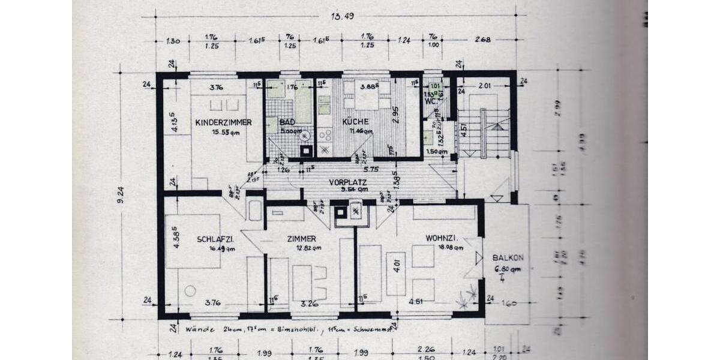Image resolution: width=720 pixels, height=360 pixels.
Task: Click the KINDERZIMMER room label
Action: coord(223,122)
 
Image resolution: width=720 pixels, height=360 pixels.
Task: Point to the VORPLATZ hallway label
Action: coord(348,182)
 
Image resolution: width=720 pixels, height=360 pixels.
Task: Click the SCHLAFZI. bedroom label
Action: coord(215,239)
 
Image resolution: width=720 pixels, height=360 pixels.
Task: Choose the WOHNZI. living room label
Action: coord(442,238)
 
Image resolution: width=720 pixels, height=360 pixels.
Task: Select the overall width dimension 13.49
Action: coord(340,16)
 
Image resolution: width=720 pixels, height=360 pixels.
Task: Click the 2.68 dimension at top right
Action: coord(483,40)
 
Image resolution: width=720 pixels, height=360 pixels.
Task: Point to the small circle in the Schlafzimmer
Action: coord(190,291)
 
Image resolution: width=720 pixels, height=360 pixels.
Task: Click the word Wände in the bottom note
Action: coord(197,329)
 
